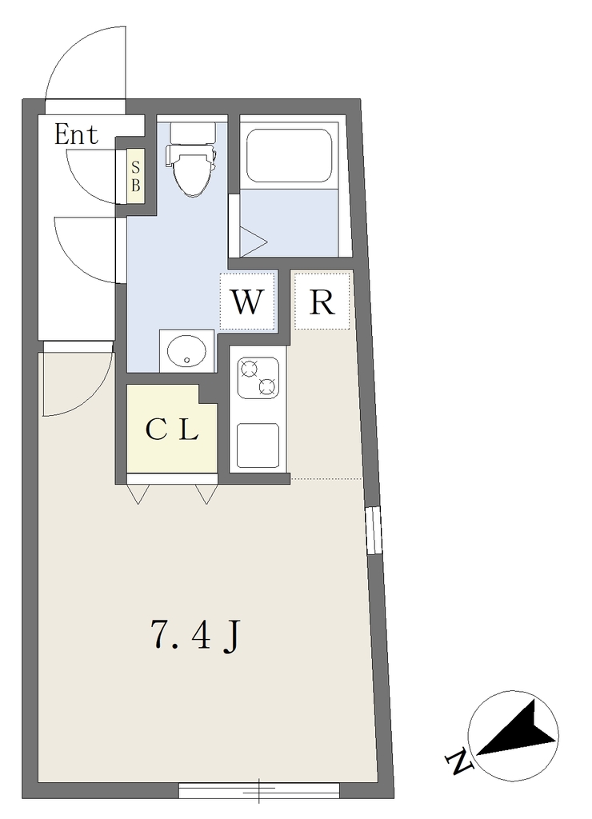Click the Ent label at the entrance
76,134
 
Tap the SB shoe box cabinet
135,176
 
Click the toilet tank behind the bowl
193,134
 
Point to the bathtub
289,155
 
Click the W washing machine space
247,302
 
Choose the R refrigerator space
322,301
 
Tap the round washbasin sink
186,351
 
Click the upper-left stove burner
249,369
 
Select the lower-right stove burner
267,386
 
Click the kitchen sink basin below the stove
258,445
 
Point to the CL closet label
172,430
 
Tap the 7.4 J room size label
195,635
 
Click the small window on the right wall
374,529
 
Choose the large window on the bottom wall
259,789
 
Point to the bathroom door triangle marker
254,242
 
